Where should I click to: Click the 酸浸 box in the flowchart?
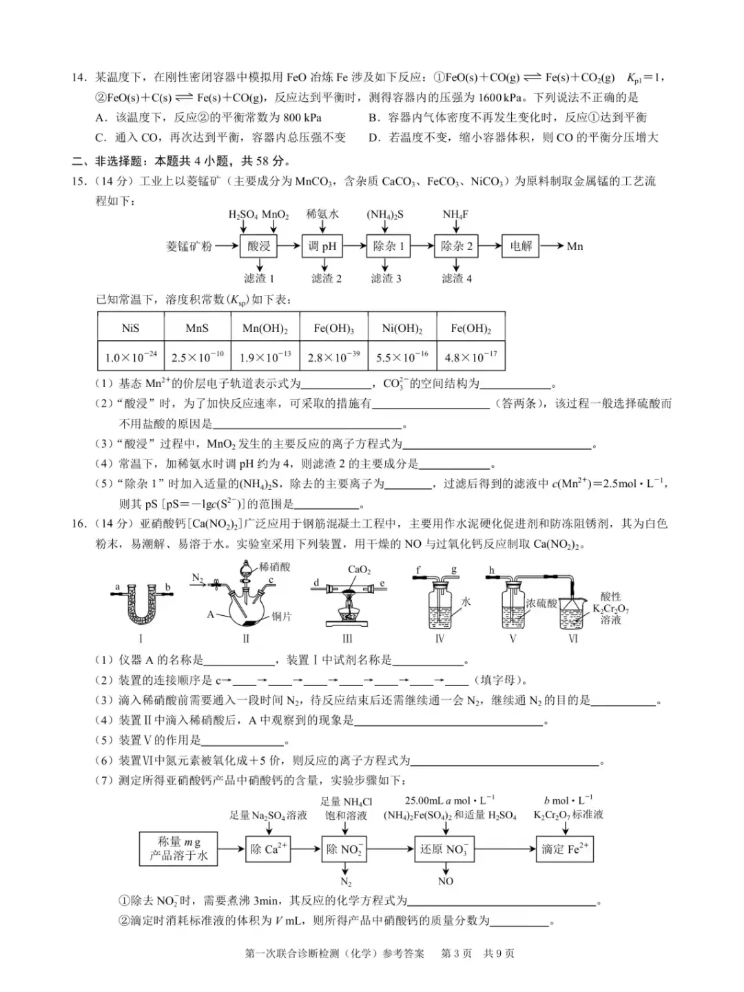point(259,246)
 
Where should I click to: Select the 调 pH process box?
point(322,246)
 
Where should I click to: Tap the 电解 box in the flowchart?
point(521,246)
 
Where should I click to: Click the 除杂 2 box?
point(457,246)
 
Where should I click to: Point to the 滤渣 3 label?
point(386,278)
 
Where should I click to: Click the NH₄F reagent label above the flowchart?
point(455,214)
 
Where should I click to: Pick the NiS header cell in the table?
point(131,328)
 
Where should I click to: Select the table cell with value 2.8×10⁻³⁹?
point(334,358)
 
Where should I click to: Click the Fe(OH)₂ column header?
point(471,328)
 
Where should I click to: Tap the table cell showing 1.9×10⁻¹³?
point(266,358)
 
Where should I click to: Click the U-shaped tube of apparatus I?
point(141,606)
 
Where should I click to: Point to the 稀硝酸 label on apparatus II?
point(275,567)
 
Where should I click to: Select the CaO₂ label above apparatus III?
point(359,570)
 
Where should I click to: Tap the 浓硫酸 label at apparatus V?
point(541,603)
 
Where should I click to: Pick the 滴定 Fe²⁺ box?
point(565,849)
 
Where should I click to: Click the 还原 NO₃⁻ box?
point(444,849)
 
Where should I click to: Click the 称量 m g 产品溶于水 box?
point(178,849)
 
